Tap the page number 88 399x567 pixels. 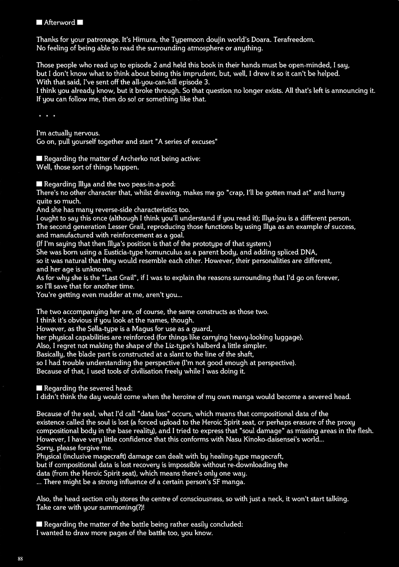[21, 559]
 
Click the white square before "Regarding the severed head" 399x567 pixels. [39, 388]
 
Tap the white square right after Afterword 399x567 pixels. [80, 23]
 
